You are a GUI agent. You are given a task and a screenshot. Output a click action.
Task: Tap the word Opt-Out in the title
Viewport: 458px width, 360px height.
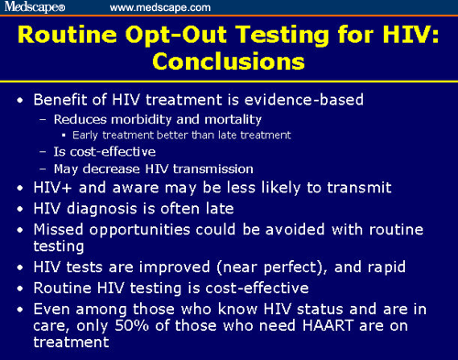[199, 38]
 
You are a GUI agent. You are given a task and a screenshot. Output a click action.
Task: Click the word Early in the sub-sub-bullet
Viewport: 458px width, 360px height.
[87, 135]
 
